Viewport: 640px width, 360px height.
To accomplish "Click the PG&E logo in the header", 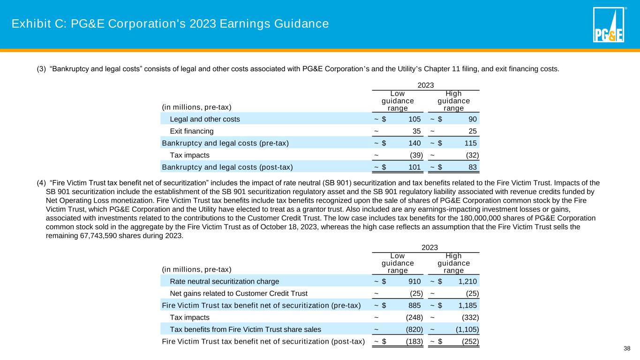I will pos(609,25).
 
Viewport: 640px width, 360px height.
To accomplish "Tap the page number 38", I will pos(627,348).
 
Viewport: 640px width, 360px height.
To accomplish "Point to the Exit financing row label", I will pos(191,131).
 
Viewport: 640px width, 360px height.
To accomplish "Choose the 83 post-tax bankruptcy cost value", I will pos(474,166).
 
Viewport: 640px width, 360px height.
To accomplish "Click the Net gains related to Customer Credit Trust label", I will pos(239,293).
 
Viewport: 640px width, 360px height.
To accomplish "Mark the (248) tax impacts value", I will pos(414,317).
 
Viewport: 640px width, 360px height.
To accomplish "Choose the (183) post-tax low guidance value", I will pos(414,341).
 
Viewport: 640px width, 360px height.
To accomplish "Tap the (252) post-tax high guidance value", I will pos(470,341).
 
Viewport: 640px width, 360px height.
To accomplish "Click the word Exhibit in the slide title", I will pos(29,23).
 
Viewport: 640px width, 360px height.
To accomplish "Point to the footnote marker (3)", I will pos(41,69).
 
